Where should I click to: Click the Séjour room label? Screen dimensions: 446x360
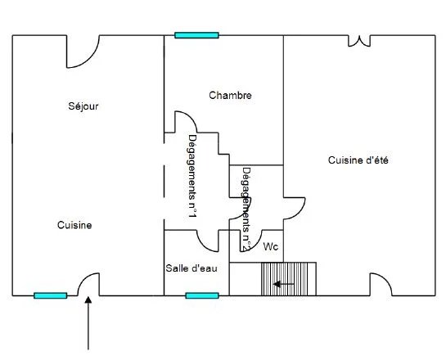click(x=83, y=106)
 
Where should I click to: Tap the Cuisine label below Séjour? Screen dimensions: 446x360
click(x=74, y=225)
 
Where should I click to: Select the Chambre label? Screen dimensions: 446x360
click(x=230, y=95)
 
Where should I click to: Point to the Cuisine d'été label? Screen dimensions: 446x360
click(x=358, y=160)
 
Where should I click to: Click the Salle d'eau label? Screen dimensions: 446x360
click(x=191, y=268)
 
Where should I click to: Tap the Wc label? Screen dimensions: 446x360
click(x=271, y=246)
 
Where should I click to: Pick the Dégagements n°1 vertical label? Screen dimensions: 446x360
click(x=192, y=176)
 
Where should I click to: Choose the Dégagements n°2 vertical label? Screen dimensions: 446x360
click(x=246, y=209)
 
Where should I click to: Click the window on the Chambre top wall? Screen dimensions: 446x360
click(x=196, y=35)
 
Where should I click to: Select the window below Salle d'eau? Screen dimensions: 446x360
click(x=202, y=295)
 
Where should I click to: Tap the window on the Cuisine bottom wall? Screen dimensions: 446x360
click(x=51, y=295)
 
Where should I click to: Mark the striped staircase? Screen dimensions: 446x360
click(x=288, y=279)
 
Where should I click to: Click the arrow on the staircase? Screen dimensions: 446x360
click(x=284, y=284)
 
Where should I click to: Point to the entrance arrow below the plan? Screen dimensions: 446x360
click(x=88, y=323)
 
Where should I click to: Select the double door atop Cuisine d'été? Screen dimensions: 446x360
click(x=359, y=41)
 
